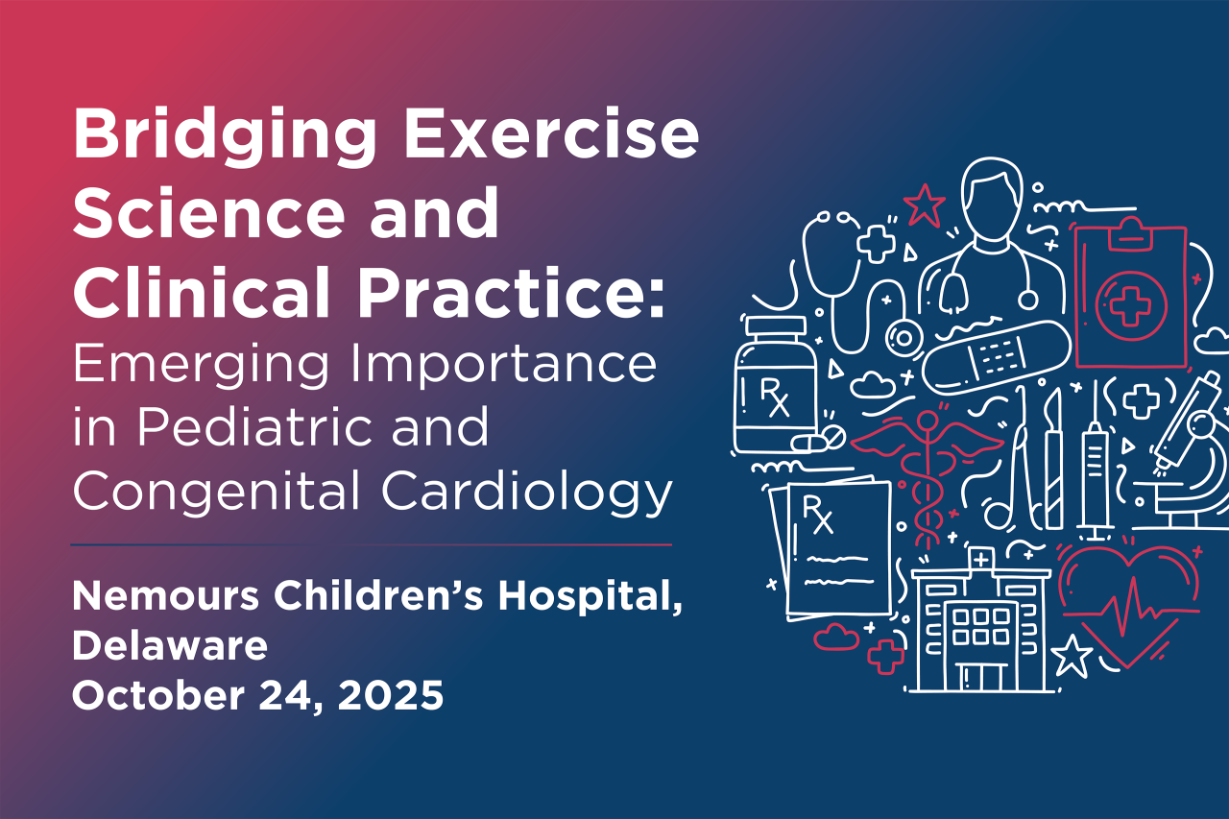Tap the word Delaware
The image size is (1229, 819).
pos(169,646)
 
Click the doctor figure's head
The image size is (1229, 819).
pos(988,193)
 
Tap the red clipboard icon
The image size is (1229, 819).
pos(1130,298)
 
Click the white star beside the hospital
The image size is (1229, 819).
pos(1072,656)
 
